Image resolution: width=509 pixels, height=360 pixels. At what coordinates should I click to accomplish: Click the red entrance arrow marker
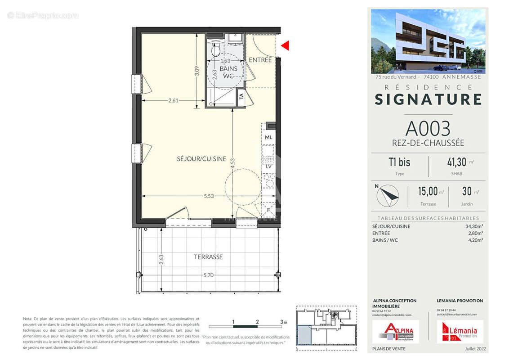[285, 45]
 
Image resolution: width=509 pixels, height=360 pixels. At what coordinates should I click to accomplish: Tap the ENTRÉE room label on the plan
[260, 60]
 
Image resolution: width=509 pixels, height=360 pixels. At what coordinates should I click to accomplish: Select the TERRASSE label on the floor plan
[208, 257]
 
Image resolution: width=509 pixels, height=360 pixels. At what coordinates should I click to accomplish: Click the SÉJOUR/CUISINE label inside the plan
[201, 159]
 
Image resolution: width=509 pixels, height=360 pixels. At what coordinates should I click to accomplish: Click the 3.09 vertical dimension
[196, 72]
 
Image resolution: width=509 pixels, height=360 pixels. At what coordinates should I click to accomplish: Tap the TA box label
[241, 96]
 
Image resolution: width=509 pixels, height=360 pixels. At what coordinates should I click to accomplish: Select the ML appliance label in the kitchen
[268, 137]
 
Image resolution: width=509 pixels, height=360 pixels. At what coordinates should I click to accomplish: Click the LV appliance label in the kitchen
[268, 166]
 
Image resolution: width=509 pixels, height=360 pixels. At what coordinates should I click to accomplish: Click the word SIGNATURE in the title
[428, 99]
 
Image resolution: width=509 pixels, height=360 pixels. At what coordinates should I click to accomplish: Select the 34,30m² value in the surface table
[474, 226]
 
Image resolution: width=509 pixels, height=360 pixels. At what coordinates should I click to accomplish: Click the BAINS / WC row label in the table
[385, 240]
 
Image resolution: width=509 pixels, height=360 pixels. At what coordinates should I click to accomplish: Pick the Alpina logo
[395, 332]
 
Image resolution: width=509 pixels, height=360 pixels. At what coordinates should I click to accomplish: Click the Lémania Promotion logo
[460, 332]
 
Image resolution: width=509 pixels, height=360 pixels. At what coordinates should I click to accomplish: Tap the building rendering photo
[428, 41]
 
